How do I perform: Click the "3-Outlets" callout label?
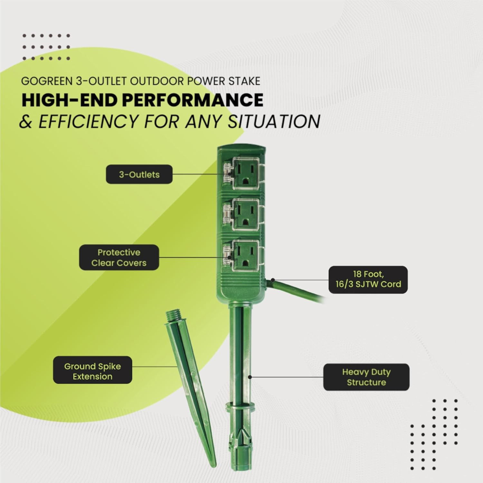(x=139, y=175)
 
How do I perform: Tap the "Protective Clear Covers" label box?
(x=119, y=257)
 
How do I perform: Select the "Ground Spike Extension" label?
(x=92, y=370)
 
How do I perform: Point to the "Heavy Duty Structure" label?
(x=366, y=377)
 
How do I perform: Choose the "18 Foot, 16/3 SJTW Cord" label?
(x=368, y=279)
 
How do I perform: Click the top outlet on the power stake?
(x=246, y=174)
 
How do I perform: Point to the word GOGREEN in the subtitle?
(x=47, y=81)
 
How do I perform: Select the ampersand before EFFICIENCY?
(x=25, y=122)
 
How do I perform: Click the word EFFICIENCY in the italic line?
(x=88, y=121)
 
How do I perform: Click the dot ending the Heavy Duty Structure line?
(x=250, y=377)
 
